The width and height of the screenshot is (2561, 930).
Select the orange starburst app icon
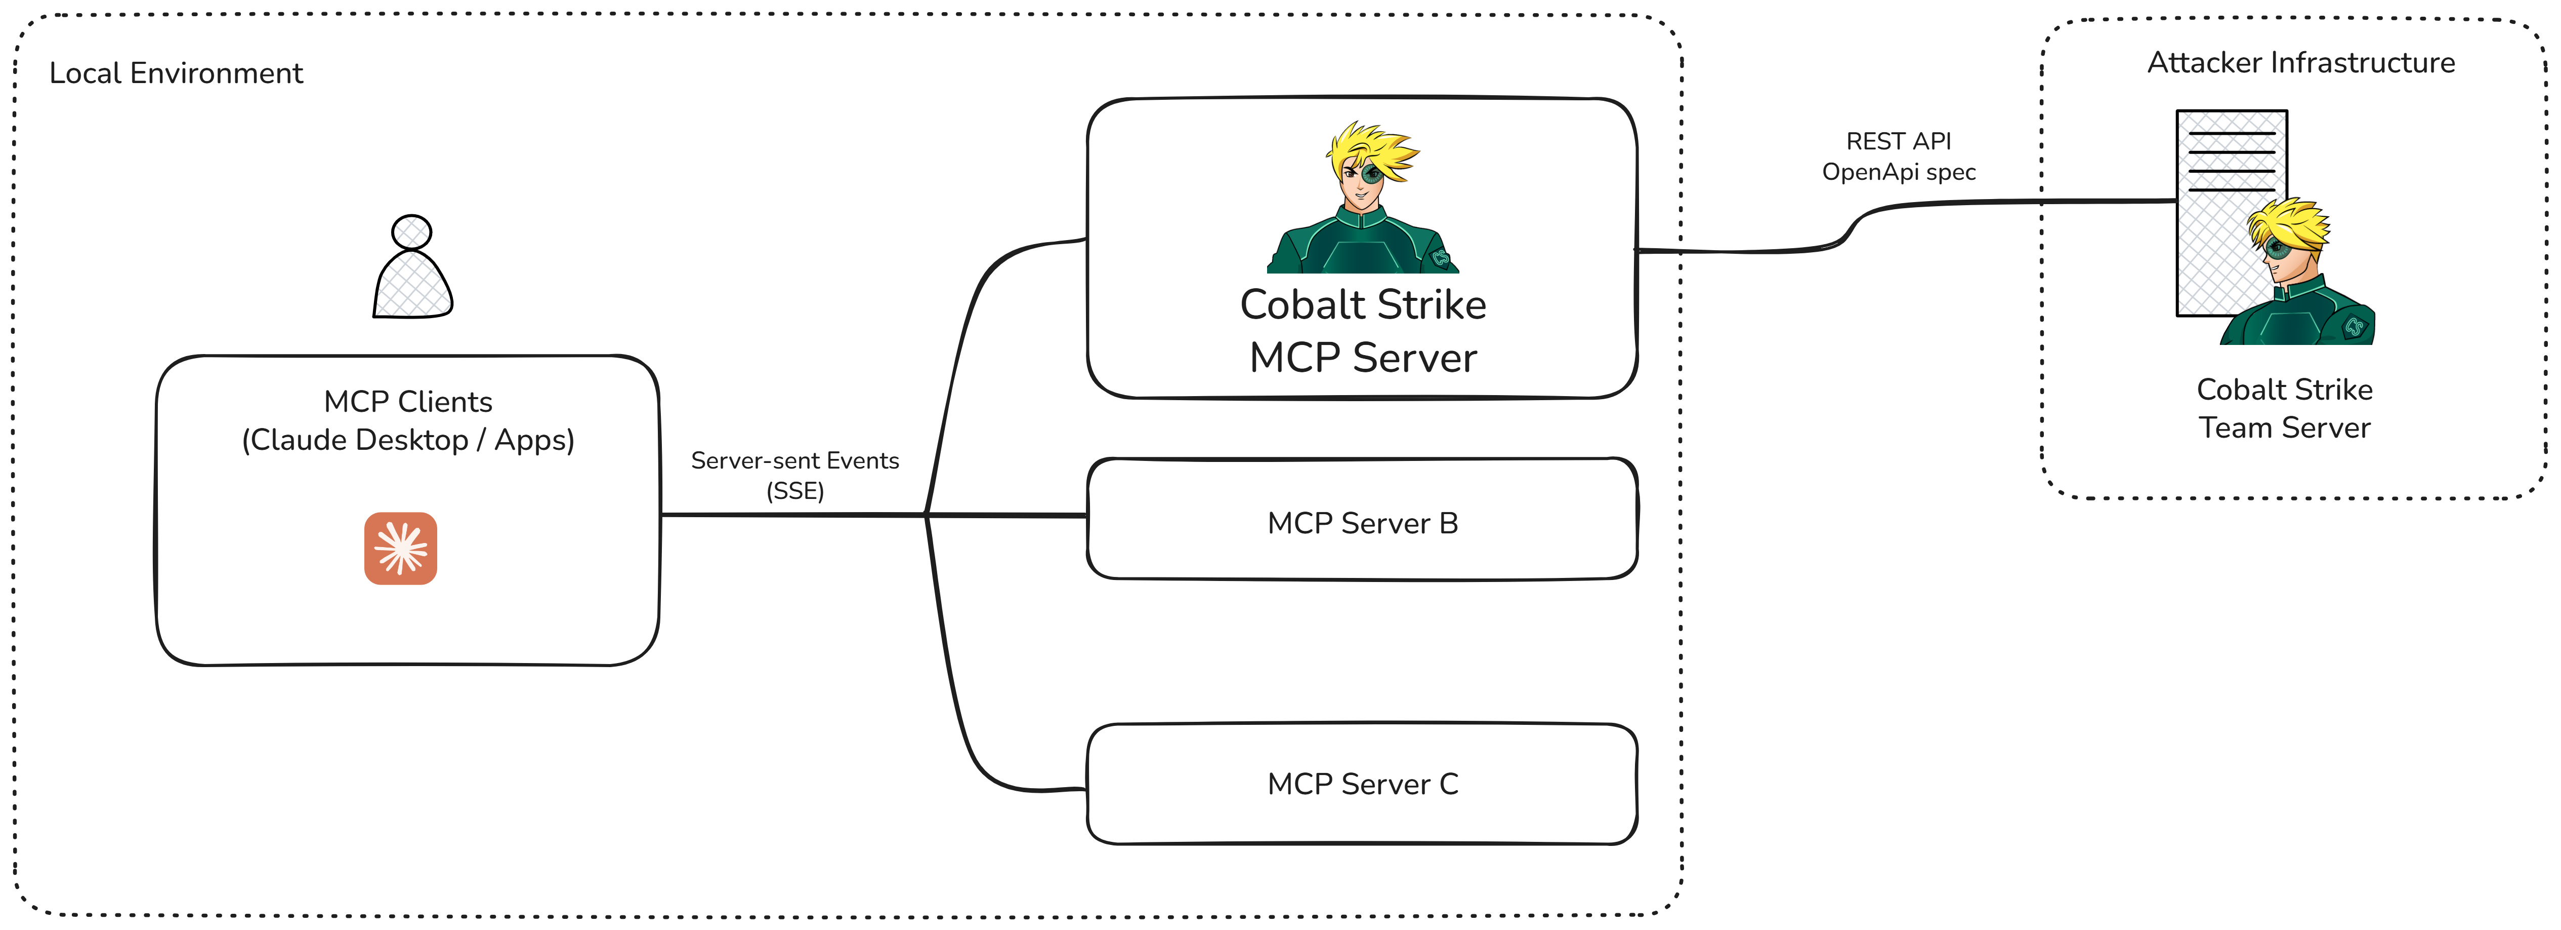pos(401,548)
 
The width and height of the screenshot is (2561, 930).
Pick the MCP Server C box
pos(1362,784)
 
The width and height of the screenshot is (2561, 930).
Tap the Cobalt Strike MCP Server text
pos(1362,331)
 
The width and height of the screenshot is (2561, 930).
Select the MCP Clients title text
pos(408,402)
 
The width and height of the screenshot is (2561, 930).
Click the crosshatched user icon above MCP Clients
pos(412,268)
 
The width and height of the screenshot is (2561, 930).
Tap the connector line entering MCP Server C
pos(1034,790)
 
